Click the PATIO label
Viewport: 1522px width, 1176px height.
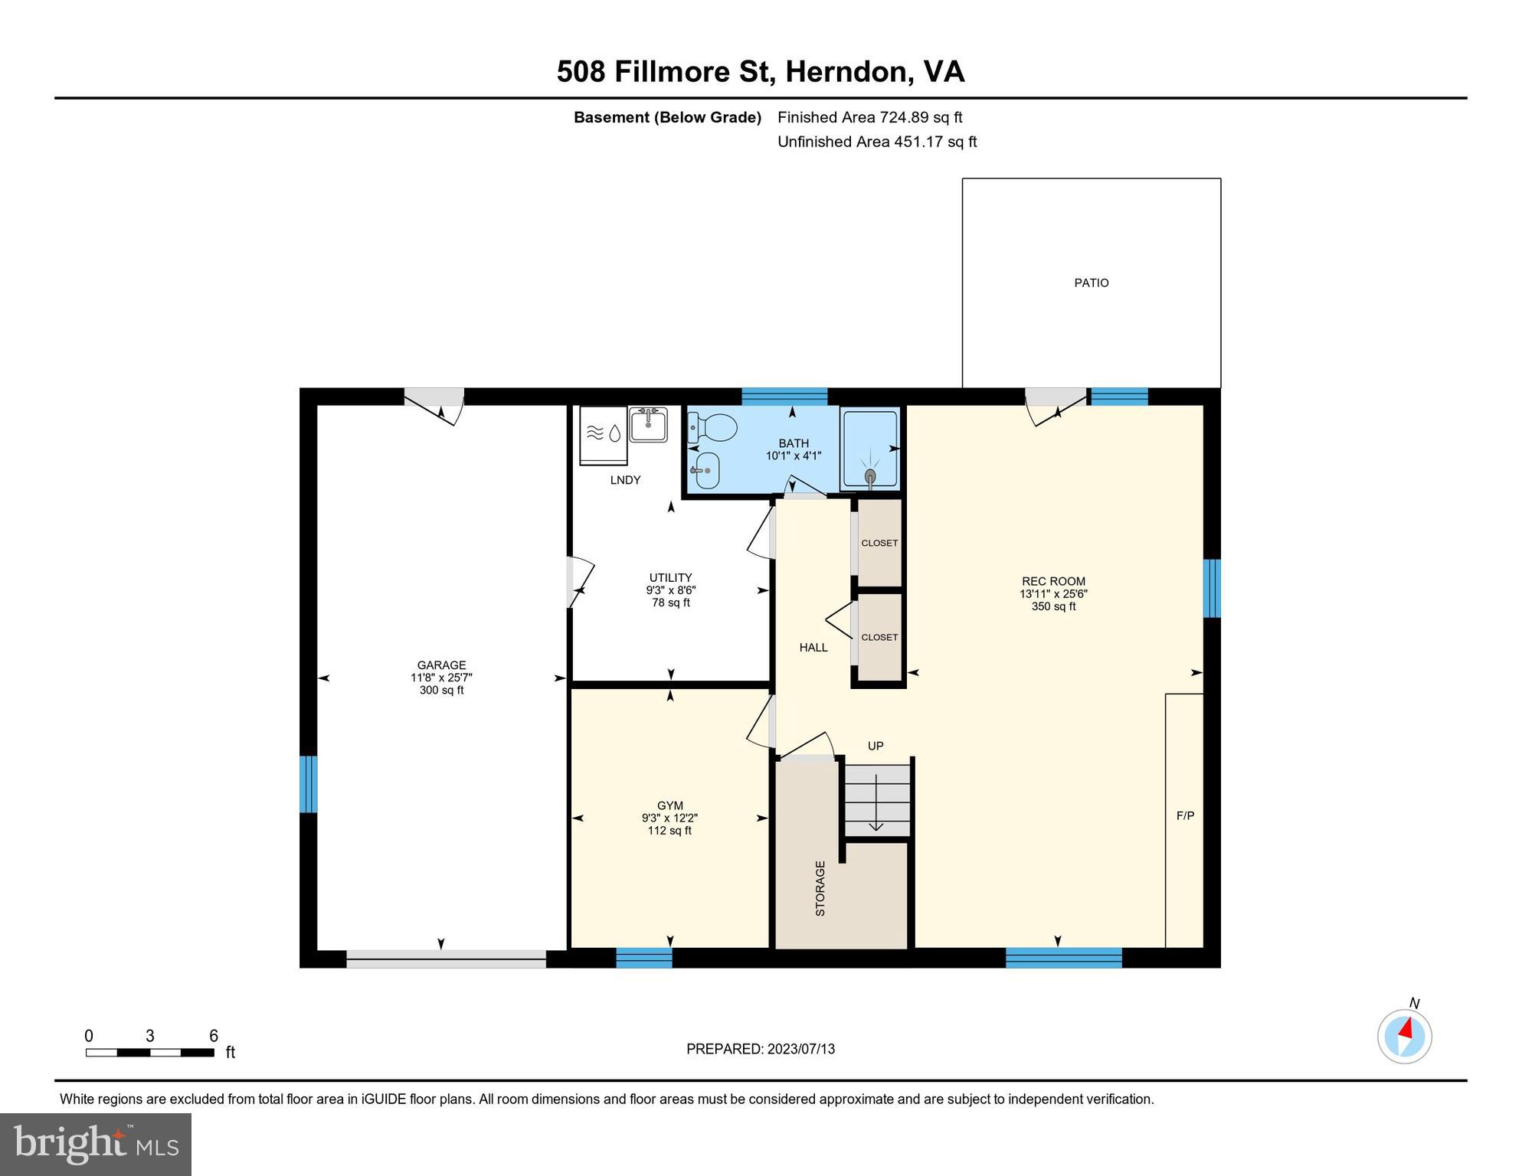coord(1091,283)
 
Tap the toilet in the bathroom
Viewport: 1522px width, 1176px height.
coord(712,426)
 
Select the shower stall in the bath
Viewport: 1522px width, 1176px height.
coord(869,449)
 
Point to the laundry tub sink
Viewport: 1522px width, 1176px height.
coord(648,424)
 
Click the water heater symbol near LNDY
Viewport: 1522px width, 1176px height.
coord(604,434)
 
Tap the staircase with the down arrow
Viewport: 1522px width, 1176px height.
coord(877,799)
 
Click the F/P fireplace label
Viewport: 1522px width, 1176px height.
coord(1184,816)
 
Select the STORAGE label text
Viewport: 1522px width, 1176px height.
coord(820,888)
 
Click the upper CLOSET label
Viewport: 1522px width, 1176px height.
coord(879,543)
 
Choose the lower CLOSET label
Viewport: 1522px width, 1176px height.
coord(879,637)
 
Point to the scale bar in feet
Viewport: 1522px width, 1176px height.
coord(149,1052)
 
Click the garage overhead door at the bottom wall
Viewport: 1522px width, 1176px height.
coord(446,959)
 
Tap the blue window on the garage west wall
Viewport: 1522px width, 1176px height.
coord(308,784)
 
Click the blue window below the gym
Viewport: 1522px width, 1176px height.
coord(644,957)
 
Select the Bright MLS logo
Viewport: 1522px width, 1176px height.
coord(96,1144)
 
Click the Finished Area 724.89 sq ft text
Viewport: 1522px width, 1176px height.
coord(869,117)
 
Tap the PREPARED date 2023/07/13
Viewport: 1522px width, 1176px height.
coord(760,1049)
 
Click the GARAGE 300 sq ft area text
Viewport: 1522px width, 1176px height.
coord(441,690)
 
